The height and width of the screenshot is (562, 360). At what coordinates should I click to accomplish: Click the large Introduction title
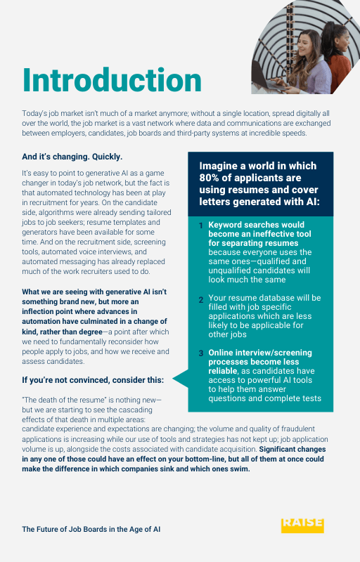(112, 81)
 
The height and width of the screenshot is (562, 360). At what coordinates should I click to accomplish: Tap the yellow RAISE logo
(302, 525)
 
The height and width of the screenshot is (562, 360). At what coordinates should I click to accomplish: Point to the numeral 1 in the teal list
(200, 226)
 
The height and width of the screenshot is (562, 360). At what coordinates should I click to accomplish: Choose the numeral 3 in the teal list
(200, 353)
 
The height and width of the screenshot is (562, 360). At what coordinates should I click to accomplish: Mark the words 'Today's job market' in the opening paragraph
(52, 113)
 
